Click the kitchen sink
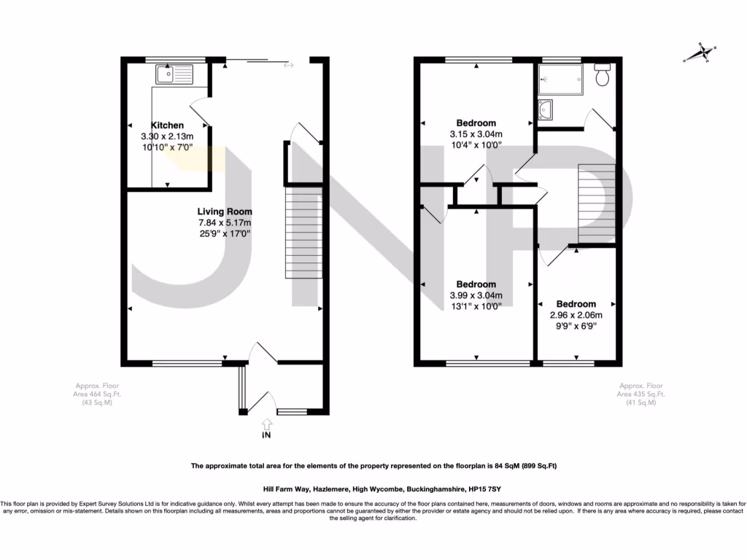[173, 74]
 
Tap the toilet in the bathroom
[603, 74]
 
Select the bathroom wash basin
[546, 110]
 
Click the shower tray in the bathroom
[560, 79]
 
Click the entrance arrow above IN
[266, 424]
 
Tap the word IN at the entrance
[266, 437]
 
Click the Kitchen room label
[167, 125]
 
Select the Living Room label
[225, 211]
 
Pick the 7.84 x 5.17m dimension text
[225, 222]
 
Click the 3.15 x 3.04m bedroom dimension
[476, 134]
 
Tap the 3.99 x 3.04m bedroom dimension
[476, 295]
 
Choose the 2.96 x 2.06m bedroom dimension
[576, 315]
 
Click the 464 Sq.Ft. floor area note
[97, 394]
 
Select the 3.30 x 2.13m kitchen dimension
[167, 136]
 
